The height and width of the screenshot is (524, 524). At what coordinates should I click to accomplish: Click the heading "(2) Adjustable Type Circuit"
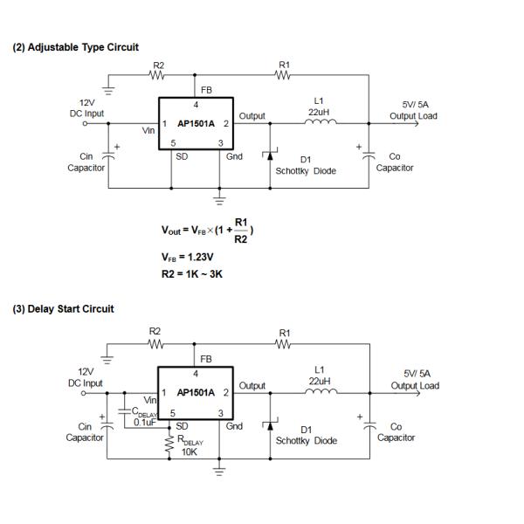[75, 46]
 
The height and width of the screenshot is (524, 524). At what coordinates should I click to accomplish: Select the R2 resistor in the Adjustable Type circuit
[157, 75]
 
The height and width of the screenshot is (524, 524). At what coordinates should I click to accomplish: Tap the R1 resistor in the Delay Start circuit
[284, 344]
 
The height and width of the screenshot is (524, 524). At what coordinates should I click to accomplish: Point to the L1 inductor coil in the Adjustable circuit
[320, 123]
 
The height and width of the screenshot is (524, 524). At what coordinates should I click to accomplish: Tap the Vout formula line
[207, 230]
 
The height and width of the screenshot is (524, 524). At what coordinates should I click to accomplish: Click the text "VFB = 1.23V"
[187, 258]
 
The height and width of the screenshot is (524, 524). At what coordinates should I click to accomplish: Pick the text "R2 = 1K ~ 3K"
[192, 275]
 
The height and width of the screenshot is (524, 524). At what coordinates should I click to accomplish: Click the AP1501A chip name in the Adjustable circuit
[196, 124]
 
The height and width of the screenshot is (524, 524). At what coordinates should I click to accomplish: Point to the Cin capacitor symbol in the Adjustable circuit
[108, 157]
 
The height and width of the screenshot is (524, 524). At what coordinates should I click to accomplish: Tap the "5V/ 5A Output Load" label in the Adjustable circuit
[413, 110]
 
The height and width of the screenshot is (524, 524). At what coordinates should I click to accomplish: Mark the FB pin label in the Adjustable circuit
[206, 90]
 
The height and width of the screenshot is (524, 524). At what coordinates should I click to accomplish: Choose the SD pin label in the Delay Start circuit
[182, 425]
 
